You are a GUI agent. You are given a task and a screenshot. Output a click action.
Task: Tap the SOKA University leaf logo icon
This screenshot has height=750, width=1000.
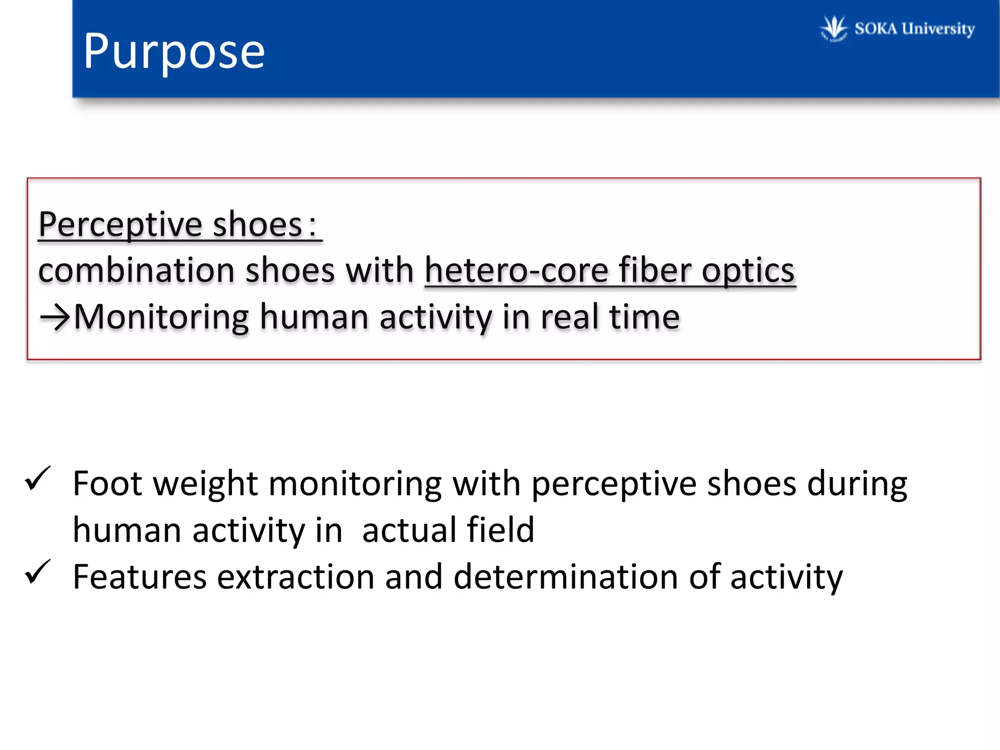[x=833, y=28]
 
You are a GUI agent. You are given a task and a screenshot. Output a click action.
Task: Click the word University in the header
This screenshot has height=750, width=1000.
[x=938, y=29]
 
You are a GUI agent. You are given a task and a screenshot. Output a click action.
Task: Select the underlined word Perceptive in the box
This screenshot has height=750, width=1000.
[x=120, y=225]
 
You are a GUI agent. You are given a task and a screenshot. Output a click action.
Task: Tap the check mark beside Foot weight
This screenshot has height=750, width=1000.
[x=38, y=479]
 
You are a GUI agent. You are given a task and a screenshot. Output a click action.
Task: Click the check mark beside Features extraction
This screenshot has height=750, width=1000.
[x=38, y=572]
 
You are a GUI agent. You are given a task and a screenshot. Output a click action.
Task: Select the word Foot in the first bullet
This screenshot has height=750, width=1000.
[x=108, y=483]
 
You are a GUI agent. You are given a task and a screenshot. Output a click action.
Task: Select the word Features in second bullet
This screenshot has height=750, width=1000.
[x=140, y=577]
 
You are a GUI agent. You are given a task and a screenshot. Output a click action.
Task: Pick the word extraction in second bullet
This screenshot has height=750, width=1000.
[x=295, y=577]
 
